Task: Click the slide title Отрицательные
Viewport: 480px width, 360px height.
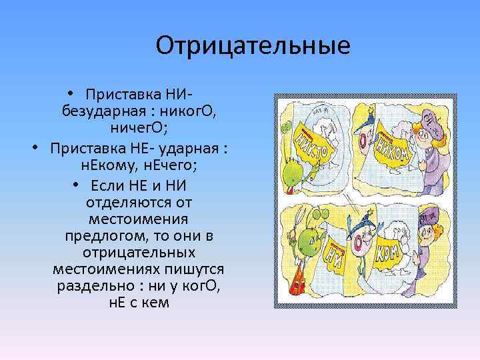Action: tap(253, 46)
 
